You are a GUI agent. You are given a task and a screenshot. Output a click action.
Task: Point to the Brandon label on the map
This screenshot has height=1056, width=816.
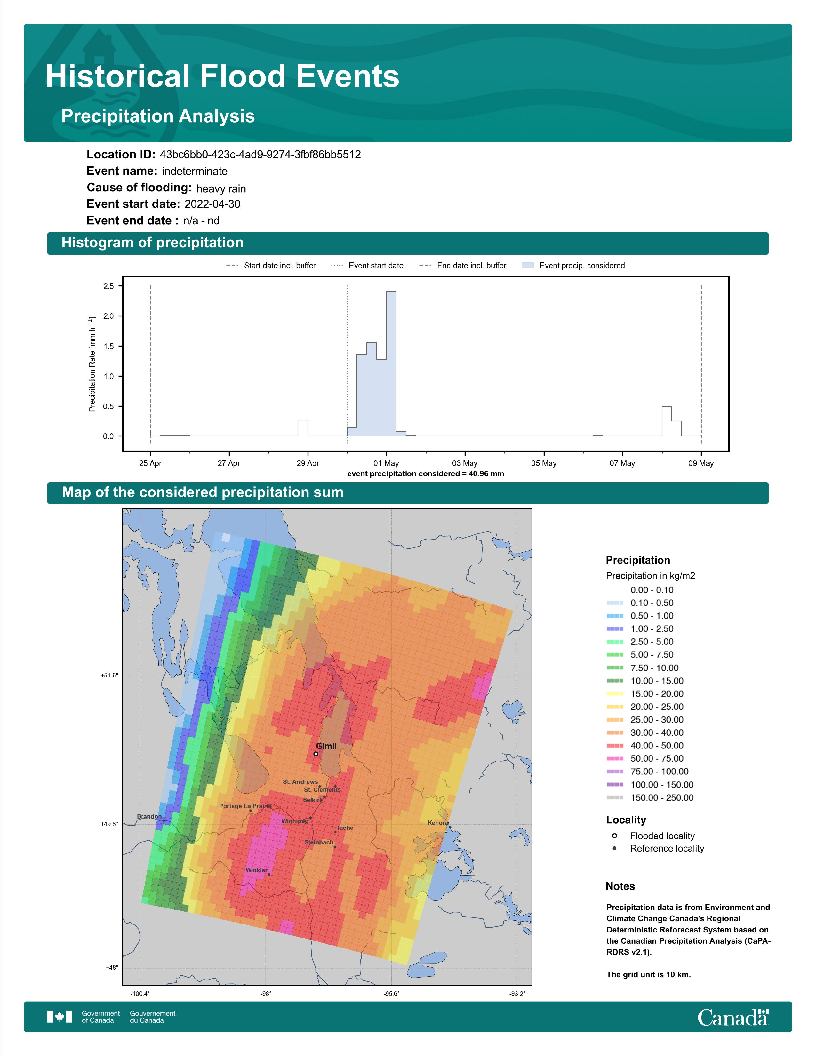(x=149, y=816)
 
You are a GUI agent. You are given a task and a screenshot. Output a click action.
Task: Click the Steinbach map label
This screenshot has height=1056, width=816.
(x=319, y=842)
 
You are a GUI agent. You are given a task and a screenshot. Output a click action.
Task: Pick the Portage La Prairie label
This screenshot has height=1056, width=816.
(x=245, y=806)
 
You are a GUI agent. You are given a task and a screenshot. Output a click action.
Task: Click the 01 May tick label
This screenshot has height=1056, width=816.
(x=386, y=463)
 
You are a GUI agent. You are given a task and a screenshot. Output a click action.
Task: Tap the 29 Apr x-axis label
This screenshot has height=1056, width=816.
(x=308, y=463)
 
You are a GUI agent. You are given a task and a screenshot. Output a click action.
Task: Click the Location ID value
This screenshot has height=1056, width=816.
(x=260, y=155)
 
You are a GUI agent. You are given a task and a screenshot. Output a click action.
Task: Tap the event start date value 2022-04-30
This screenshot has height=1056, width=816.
(x=212, y=204)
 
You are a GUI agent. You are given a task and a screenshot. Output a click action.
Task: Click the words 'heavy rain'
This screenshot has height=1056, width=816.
(x=221, y=188)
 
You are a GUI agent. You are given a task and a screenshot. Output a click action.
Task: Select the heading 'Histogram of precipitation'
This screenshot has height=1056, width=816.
(x=152, y=243)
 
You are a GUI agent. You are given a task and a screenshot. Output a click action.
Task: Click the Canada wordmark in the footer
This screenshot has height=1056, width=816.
(x=733, y=1017)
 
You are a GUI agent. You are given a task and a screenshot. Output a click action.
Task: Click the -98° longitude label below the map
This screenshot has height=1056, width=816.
(x=266, y=994)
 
